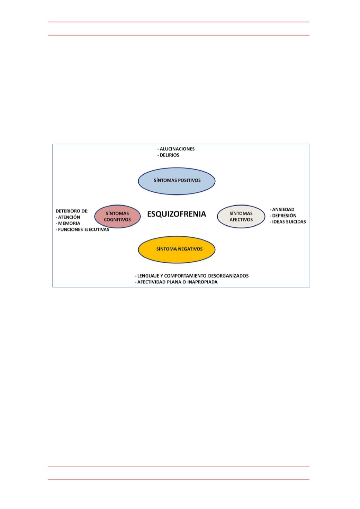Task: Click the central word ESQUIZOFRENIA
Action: (177, 214)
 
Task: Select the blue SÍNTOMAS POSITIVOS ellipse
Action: (177, 181)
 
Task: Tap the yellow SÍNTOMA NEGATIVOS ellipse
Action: (177, 249)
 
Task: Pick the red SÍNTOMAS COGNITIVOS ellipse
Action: (117, 216)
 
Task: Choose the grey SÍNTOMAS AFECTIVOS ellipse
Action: (241, 216)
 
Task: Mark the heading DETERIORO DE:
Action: (72, 211)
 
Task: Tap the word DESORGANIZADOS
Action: (228, 276)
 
